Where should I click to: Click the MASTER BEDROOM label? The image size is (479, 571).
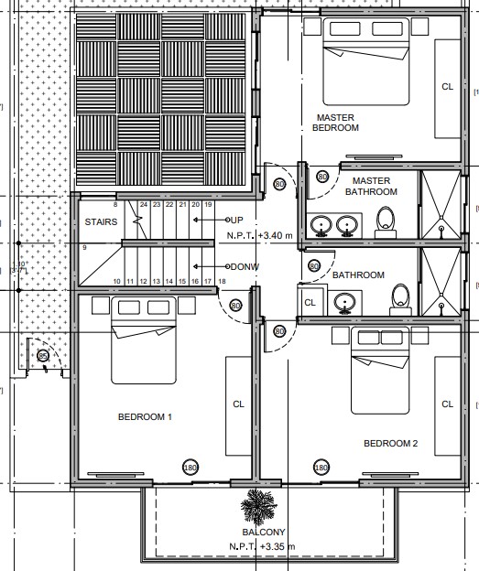[335, 123]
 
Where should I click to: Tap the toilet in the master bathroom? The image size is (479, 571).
[386, 222]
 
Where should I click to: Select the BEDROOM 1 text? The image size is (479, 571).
[145, 416]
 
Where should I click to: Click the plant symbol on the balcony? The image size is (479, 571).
[259, 506]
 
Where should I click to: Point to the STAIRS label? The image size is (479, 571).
[101, 221]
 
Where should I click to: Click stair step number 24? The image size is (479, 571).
[144, 205]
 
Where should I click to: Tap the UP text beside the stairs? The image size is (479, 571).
[236, 220]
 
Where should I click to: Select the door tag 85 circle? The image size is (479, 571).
[43, 355]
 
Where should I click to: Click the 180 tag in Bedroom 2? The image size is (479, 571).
[321, 468]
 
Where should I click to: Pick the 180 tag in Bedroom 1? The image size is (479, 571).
[191, 468]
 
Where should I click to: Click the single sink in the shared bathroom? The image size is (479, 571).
[345, 303]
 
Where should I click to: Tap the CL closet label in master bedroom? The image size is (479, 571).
[447, 87]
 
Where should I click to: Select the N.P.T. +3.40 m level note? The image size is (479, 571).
[259, 235]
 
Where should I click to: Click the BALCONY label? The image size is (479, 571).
[264, 532]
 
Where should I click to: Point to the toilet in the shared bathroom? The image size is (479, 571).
[400, 299]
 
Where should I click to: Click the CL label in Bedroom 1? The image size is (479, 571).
[238, 404]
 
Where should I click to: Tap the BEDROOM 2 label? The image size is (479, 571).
[391, 443]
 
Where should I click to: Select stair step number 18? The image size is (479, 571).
[222, 281]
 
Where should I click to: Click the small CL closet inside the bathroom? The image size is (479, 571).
[310, 302]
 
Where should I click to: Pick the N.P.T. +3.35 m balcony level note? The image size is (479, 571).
[262, 546]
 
